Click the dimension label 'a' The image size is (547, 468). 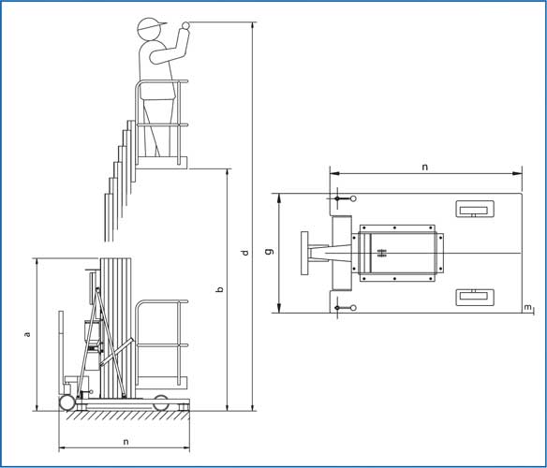(x=27, y=334)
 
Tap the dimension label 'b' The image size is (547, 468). (x=220, y=289)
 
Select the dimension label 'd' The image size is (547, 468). (x=244, y=252)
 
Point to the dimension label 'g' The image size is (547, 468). (x=270, y=251)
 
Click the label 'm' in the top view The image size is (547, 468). (x=528, y=307)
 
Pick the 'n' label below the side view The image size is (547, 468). (x=126, y=442)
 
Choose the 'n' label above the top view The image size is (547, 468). (x=424, y=167)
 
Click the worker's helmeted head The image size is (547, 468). (x=150, y=29)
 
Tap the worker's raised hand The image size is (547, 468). (x=185, y=26)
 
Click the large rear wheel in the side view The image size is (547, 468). (x=67, y=402)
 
